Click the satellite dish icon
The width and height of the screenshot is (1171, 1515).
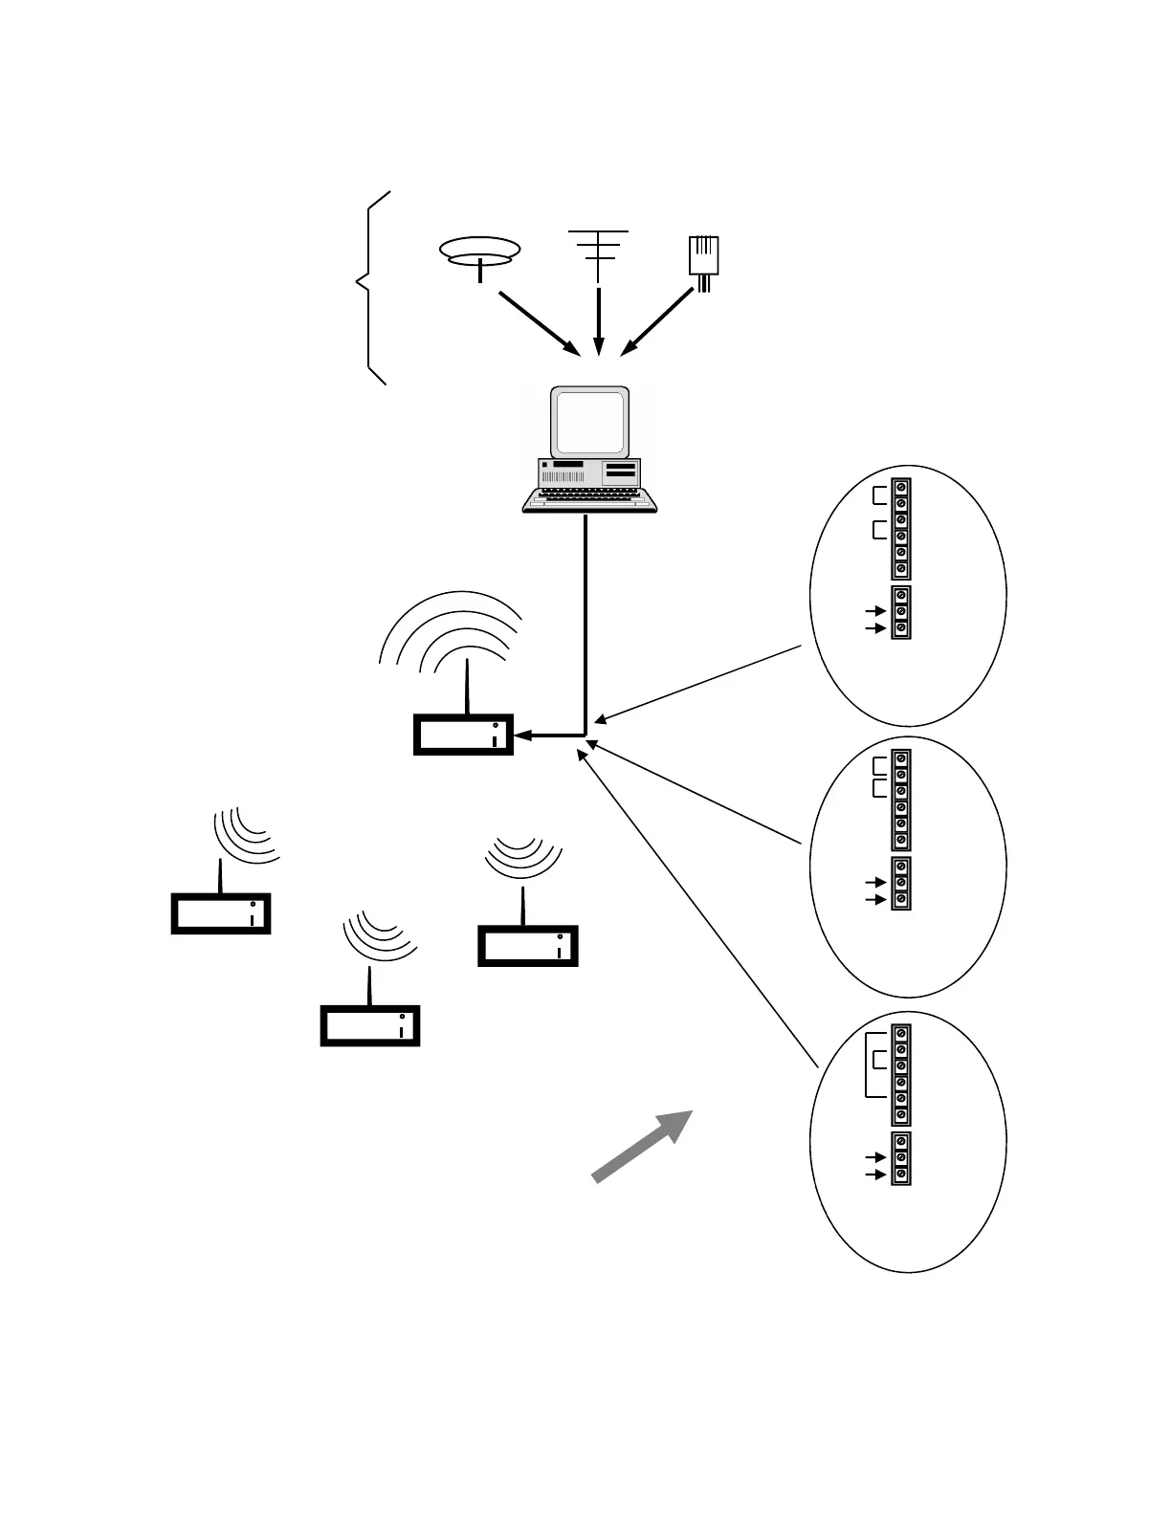479,252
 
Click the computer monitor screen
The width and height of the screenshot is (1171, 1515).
590,421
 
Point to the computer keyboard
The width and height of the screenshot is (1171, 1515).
589,499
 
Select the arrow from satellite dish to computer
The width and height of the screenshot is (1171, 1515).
538,321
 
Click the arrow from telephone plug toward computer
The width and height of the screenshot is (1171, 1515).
658,321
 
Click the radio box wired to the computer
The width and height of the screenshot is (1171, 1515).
463,735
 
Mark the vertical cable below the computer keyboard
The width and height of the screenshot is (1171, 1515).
585,622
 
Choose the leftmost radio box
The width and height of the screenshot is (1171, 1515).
221,912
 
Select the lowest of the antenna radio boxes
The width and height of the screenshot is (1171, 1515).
370,1025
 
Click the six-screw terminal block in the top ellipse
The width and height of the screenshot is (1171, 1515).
900,529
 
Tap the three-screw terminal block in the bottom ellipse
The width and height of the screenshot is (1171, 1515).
900,1158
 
